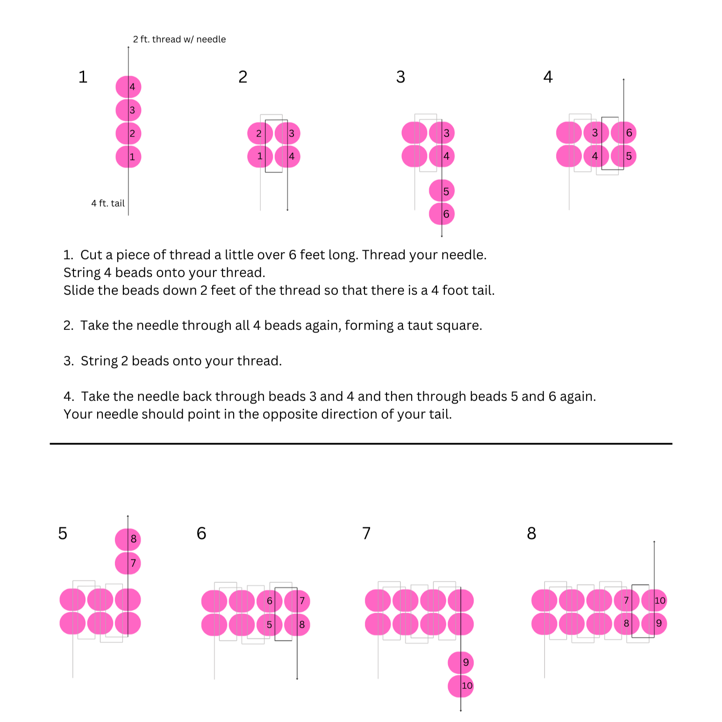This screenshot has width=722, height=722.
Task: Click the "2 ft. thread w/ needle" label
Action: (x=179, y=39)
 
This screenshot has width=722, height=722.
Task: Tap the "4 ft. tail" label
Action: (x=108, y=203)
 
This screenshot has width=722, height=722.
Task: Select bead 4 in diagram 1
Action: (x=129, y=87)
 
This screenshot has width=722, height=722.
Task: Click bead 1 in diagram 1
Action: (x=129, y=157)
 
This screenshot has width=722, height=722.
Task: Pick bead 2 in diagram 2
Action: (x=260, y=134)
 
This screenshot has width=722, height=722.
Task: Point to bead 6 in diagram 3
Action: (x=442, y=214)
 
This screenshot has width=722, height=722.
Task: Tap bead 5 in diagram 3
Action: (x=442, y=191)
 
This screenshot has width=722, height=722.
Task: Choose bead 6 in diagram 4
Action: (x=624, y=133)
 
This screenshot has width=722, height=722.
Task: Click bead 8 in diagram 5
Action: (x=128, y=539)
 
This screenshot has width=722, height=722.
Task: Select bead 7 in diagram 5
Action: (x=128, y=563)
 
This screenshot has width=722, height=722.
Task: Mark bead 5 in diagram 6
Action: (x=269, y=625)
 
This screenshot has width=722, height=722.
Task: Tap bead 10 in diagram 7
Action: (x=461, y=686)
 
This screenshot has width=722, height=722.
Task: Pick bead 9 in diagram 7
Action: (x=461, y=663)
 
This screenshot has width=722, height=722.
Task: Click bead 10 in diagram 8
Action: (x=654, y=600)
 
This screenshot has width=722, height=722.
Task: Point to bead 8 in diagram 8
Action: (x=627, y=624)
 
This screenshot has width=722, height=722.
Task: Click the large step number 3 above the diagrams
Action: (x=400, y=77)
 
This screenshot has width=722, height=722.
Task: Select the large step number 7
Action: (x=366, y=533)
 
